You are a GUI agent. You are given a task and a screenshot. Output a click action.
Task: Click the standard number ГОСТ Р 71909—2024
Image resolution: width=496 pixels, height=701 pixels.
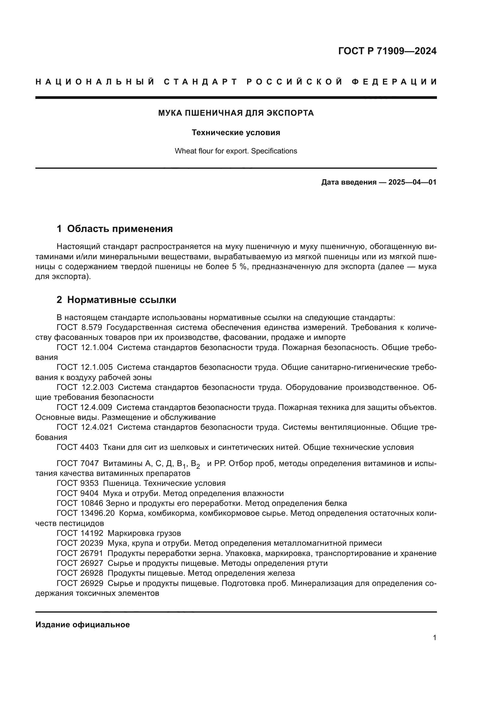[387, 51]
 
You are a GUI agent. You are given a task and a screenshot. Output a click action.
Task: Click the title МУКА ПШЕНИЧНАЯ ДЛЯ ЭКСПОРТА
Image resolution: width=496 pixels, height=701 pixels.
[236, 113]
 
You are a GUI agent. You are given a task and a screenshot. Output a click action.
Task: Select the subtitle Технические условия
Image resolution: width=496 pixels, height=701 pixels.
[236, 132]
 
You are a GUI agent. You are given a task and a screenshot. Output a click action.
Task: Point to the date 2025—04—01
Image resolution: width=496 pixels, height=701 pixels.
[412, 182]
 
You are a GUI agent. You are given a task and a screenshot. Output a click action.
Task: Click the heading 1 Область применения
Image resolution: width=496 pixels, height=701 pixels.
[115, 228]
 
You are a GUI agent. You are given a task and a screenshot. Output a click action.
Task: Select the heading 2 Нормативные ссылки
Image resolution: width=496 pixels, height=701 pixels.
[116, 299]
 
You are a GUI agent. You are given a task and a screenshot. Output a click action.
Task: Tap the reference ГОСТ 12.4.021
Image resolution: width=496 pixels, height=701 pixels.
[85, 427]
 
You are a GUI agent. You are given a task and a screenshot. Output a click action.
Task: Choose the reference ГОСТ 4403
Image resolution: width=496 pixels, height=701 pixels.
[78, 447]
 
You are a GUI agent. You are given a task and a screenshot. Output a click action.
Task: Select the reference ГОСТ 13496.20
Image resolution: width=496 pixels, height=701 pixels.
[85, 513]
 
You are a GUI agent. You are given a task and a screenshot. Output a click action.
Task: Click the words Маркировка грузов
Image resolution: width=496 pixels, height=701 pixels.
[144, 533]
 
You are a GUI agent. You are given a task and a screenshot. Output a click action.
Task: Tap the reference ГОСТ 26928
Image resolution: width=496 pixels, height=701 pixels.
[80, 573]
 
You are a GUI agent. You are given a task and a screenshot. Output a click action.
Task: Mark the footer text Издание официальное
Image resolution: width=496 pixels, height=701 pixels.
[82, 624]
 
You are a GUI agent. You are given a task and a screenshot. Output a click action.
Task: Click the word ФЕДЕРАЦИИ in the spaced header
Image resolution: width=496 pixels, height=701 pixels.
[394, 82]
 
